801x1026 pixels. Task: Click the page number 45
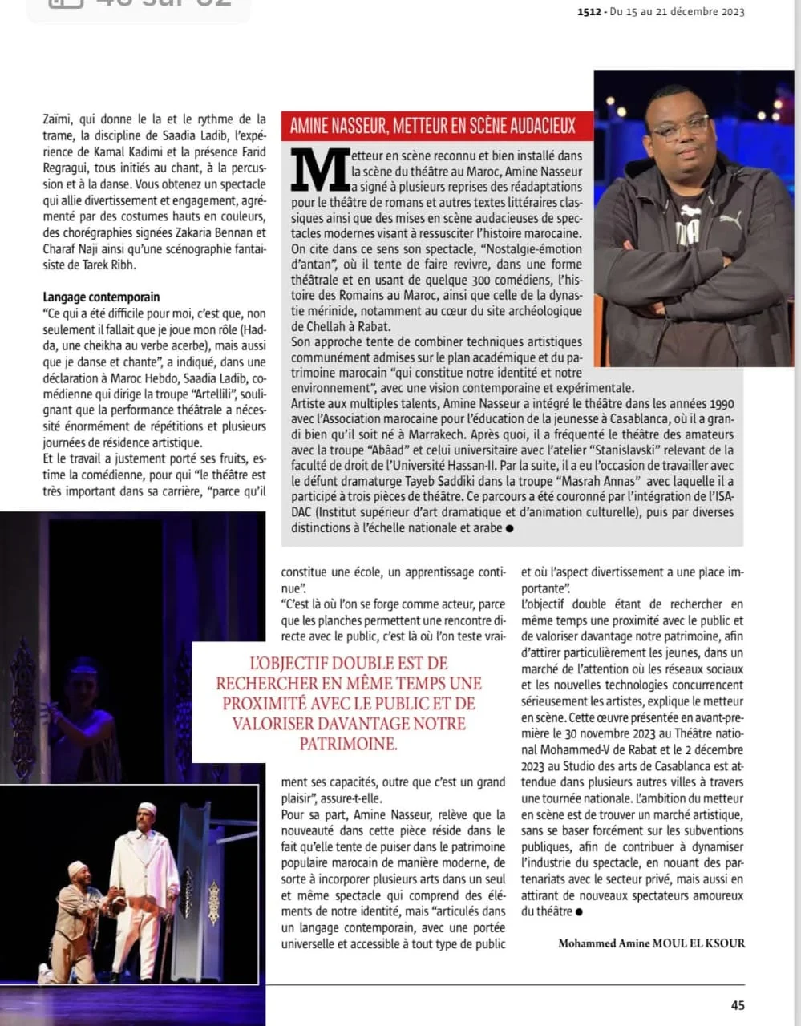pos(737,1005)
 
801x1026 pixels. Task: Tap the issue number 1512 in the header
pos(590,12)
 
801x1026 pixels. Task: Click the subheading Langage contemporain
pos(101,297)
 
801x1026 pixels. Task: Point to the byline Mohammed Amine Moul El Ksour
pos(651,943)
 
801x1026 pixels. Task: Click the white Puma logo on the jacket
pos(730,217)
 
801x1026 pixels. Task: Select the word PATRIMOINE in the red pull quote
pos(347,744)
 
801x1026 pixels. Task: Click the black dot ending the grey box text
pos(510,528)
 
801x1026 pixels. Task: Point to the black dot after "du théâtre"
pos(579,911)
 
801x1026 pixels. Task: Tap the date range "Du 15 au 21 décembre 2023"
pos(677,12)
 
